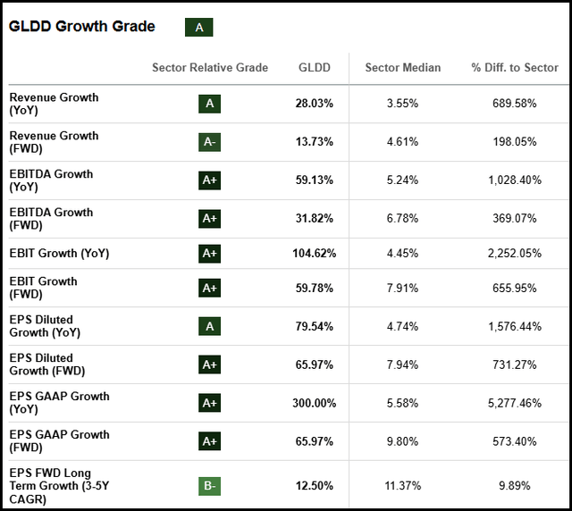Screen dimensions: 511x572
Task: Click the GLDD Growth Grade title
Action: pyautogui.click(x=81, y=27)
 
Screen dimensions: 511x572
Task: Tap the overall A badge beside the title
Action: pyautogui.click(x=198, y=28)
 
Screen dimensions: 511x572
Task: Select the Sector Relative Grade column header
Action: pyautogui.click(x=210, y=68)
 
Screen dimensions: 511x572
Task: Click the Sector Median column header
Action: pyautogui.click(x=402, y=68)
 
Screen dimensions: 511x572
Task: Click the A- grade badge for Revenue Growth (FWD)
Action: pyautogui.click(x=210, y=142)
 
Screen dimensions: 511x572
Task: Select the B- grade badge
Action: pyautogui.click(x=210, y=485)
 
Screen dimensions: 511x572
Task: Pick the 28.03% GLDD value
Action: pyautogui.click(x=314, y=104)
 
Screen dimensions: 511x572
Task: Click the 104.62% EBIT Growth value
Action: pyautogui.click(x=314, y=254)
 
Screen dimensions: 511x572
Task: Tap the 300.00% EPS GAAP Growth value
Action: pyautogui.click(x=314, y=403)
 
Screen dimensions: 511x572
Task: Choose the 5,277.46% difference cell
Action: pyautogui.click(x=513, y=403)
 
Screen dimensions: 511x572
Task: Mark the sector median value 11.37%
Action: pyautogui.click(x=402, y=485)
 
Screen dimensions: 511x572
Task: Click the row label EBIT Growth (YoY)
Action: pyautogui.click(x=59, y=254)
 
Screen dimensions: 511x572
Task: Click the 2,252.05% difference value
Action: pyautogui.click(x=513, y=254)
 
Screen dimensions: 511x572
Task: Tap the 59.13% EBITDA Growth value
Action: pyautogui.click(x=314, y=180)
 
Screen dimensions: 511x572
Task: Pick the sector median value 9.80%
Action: pyautogui.click(x=402, y=441)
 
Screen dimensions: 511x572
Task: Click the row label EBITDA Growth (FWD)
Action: pyautogui.click(x=51, y=218)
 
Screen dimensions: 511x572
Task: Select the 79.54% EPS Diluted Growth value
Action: pyautogui.click(x=314, y=327)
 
